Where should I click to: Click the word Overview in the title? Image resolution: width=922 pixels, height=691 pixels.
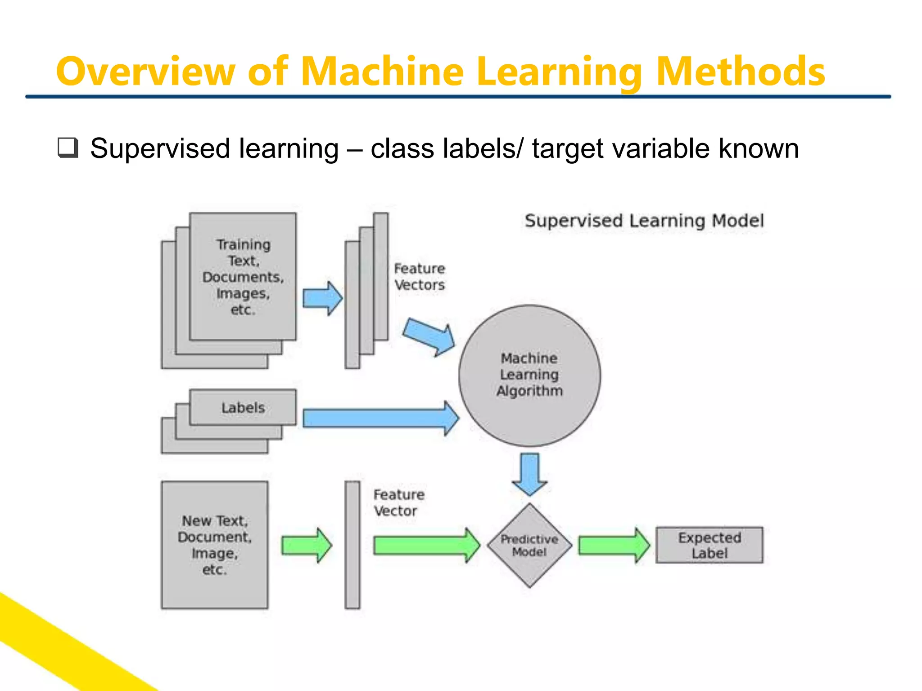point(145,72)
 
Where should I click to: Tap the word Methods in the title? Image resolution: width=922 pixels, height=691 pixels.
point(740,72)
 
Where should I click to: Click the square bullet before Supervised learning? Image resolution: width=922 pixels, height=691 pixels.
point(68,148)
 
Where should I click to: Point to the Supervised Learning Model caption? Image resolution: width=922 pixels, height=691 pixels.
point(644,221)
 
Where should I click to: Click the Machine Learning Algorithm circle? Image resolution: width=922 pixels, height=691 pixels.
point(529,375)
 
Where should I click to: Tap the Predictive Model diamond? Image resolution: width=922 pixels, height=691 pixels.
point(529,545)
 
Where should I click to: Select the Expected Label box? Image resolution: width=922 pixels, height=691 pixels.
point(709,545)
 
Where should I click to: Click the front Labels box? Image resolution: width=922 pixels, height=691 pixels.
point(243,407)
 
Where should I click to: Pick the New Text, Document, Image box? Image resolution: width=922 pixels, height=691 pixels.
point(214,545)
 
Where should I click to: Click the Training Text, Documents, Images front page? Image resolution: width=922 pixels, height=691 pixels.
point(243,276)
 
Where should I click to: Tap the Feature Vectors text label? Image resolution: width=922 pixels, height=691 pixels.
point(419,277)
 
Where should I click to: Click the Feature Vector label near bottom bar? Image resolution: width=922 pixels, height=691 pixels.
point(398,503)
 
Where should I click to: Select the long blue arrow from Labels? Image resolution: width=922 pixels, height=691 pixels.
point(378,418)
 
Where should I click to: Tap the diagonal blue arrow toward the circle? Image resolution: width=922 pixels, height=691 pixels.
point(428,337)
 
